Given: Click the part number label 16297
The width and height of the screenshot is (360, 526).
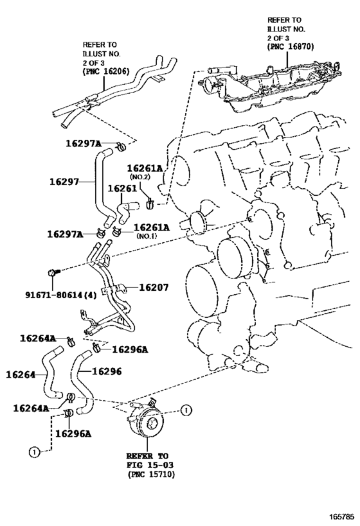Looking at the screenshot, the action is tap(64, 182).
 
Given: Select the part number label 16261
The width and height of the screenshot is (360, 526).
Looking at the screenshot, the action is tap(122, 189).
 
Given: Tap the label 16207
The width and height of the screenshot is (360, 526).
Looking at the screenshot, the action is tap(154, 288).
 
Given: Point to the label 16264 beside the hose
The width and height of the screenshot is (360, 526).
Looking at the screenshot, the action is tap(21, 374).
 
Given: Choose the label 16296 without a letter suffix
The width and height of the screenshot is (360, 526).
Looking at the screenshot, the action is tap(107, 371).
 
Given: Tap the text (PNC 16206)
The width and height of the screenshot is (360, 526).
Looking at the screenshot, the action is tap(106, 71).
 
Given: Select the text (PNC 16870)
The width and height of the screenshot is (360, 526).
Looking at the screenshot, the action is tap(291, 47).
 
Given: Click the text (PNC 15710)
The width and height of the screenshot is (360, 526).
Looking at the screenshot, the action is tap(151, 475).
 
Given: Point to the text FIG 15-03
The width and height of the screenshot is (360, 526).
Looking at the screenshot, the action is tap(150, 465).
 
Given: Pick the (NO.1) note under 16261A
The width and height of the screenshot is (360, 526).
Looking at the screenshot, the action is tap(147, 236).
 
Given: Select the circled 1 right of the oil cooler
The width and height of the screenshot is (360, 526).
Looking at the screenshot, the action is tap(186, 410).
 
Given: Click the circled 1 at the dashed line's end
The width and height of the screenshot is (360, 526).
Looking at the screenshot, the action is tap(34, 452).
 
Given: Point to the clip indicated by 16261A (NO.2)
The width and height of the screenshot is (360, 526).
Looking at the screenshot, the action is tap(149, 203).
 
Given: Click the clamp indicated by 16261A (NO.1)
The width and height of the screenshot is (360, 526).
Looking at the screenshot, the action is tap(117, 231).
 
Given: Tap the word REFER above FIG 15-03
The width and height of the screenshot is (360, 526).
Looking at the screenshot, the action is tap(139, 456).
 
